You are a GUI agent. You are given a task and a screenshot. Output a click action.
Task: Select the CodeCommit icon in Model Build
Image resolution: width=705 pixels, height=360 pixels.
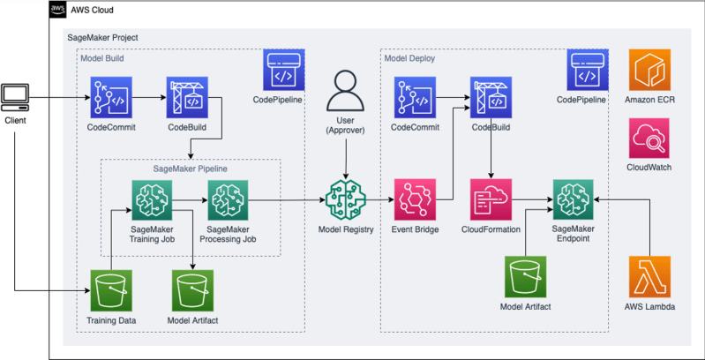110,98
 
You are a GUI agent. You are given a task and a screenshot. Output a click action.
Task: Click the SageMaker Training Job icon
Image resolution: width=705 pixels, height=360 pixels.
151,200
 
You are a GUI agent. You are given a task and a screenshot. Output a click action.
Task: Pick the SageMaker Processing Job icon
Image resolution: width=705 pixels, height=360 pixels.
228,200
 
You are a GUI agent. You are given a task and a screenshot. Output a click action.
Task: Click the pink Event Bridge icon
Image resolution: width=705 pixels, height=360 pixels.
415,200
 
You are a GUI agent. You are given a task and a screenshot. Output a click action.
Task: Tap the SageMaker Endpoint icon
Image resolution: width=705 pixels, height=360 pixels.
573,200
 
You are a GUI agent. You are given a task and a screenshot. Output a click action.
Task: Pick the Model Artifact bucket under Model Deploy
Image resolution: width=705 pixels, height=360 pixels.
526,277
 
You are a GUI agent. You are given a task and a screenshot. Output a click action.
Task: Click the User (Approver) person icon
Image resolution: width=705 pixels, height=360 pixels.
346,93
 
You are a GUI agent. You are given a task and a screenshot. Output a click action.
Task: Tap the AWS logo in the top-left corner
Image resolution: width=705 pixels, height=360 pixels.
58,10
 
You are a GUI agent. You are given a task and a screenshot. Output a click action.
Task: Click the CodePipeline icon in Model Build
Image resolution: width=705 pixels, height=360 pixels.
284,71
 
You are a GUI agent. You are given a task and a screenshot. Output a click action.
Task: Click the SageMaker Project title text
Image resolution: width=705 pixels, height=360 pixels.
102,39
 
